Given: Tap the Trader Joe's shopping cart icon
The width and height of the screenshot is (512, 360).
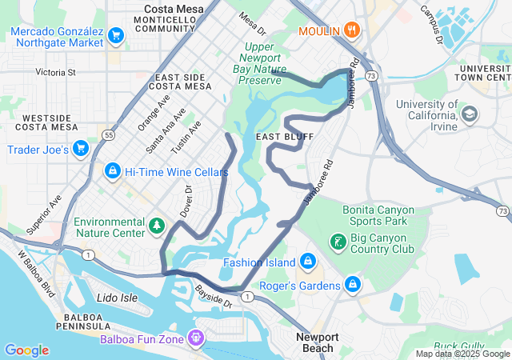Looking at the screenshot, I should (80, 149).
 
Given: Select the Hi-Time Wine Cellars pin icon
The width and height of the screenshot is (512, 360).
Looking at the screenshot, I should (113, 171).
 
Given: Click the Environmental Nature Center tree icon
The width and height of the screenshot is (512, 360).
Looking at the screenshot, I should (158, 227).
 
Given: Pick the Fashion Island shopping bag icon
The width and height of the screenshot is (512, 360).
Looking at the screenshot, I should (307, 262).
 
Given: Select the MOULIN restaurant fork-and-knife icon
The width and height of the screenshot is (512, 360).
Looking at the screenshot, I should (352, 31).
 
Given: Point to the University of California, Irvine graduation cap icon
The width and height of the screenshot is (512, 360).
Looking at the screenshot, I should (469, 114).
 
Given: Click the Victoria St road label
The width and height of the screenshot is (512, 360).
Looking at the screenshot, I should (55, 72).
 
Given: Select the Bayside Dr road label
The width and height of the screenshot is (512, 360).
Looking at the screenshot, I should (214, 298).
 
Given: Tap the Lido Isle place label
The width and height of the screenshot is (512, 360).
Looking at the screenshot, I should (118, 298).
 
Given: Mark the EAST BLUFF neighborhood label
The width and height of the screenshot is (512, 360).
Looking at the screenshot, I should (279, 138).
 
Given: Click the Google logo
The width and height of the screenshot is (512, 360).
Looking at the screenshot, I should (26, 350).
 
